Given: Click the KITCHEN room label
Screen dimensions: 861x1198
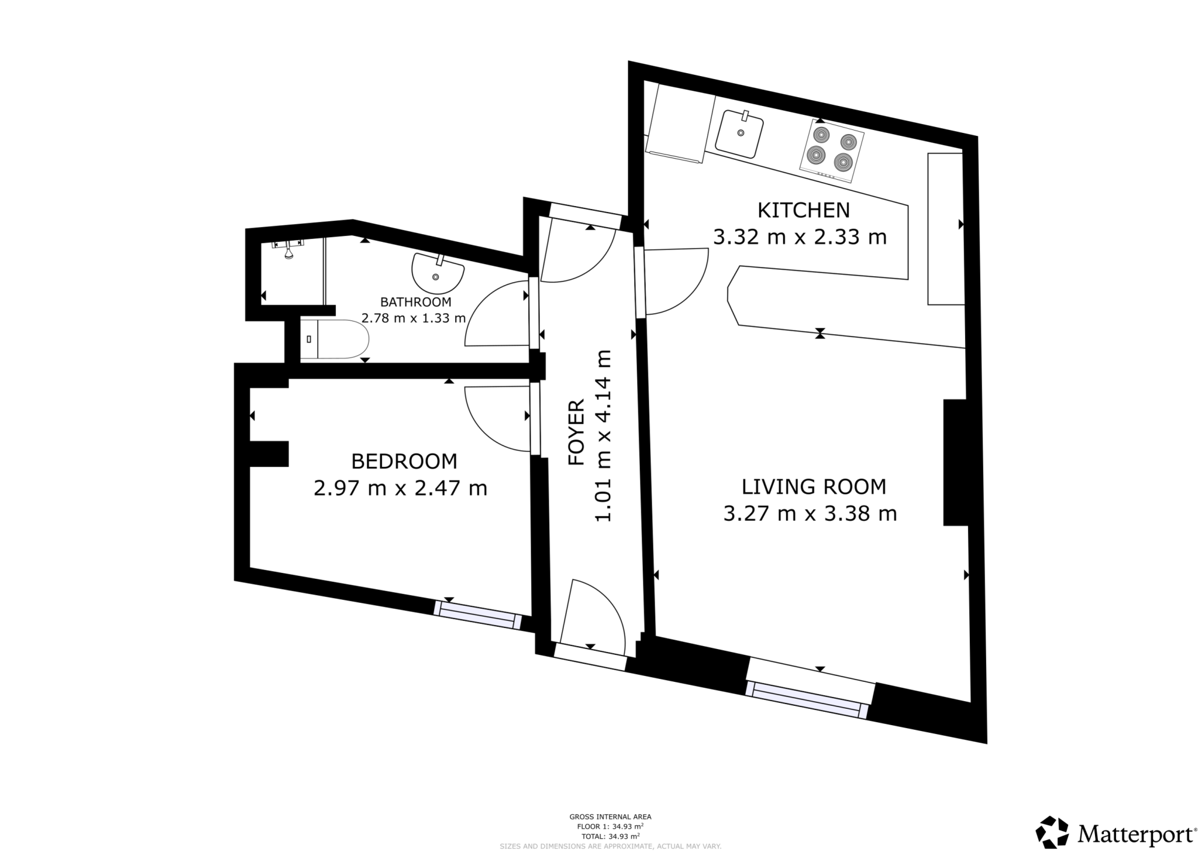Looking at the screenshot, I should coord(803,210).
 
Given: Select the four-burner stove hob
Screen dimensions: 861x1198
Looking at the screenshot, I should coord(831,150).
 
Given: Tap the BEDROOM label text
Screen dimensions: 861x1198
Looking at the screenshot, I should coord(404,461).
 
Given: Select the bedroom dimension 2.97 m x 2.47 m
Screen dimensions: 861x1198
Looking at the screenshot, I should coord(400,488).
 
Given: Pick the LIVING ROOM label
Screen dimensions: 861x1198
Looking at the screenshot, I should coord(814,486).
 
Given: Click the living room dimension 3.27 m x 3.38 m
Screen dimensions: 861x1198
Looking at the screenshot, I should coord(810,513).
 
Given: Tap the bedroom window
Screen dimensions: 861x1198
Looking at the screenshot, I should coord(477,615).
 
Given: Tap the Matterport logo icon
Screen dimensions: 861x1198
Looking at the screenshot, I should coord(1052,832).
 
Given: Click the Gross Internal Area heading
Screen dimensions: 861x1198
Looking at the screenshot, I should coord(610,817).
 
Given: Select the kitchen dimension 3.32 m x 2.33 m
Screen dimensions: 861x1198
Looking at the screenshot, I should coord(800,237).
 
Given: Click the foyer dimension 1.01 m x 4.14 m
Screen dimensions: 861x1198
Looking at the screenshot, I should coord(603,435).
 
